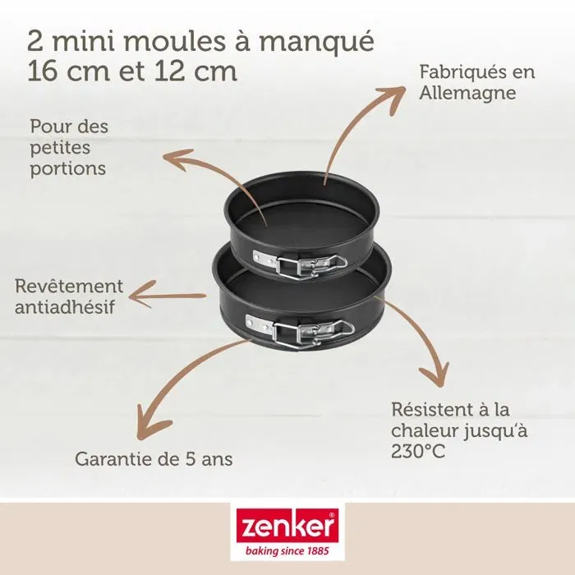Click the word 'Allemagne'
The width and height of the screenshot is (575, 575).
pyautogui.click(x=467, y=93)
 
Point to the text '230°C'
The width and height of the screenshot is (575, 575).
pyautogui.click(x=418, y=451)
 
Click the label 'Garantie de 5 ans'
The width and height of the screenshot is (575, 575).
pyautogui.click(x=154, y=459)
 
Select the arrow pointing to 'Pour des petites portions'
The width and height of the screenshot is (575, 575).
pyautogui.click(x=214, y=177)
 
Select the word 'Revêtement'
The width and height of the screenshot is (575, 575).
pyautogui.click(x=69, y=287)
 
